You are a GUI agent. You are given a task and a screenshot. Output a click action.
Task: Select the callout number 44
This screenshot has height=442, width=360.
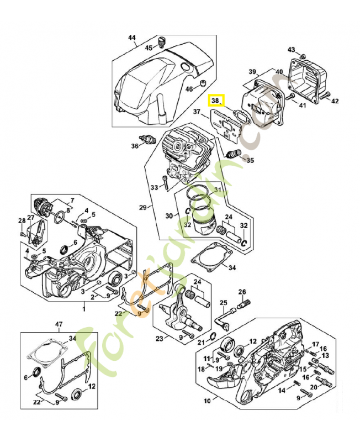132,38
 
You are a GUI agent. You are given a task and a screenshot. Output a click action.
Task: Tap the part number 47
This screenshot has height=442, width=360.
59,324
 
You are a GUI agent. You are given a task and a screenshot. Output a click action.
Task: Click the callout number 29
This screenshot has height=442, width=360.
142,207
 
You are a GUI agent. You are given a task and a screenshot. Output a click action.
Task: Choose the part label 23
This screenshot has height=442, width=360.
160,339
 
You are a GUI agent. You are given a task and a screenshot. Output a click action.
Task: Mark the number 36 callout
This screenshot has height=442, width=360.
134,146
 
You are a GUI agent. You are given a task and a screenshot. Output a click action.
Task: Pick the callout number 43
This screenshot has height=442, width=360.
292,50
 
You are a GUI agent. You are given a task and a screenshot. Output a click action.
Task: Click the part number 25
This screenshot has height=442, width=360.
224,302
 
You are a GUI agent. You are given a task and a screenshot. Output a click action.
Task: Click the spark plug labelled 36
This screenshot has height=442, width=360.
149,139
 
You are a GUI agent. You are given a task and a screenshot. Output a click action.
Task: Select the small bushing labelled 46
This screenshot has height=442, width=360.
203,83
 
